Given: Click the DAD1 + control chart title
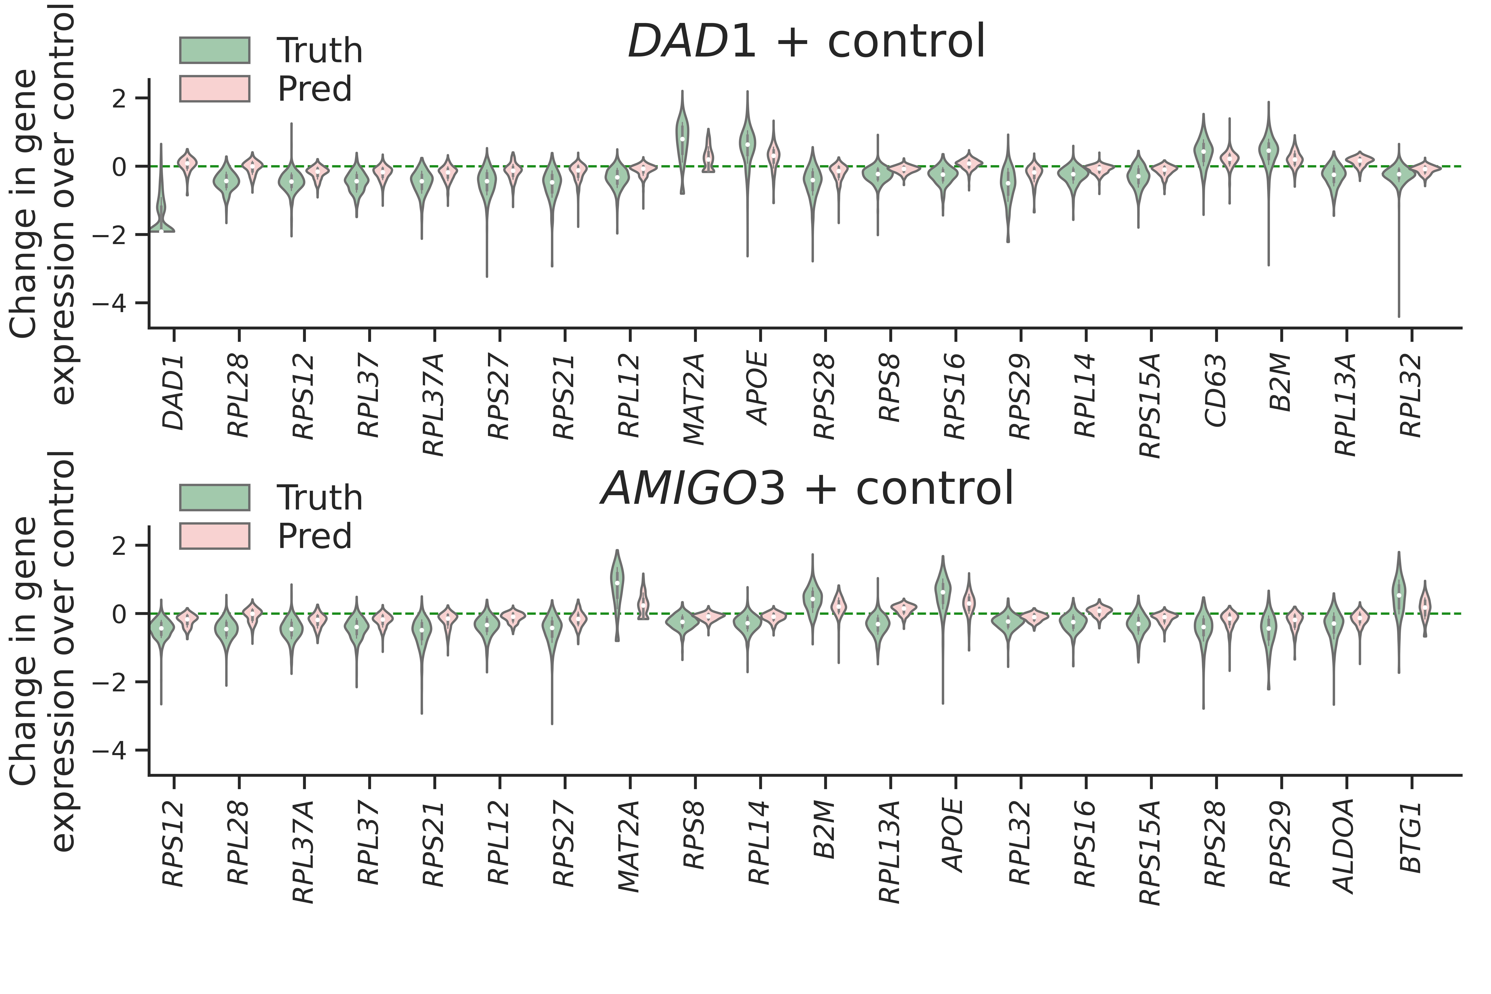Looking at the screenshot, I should tap(806, 42).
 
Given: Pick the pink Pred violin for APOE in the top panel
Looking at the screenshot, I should tap(773, 155).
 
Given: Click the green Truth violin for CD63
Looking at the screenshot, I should tap(1203, 152).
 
